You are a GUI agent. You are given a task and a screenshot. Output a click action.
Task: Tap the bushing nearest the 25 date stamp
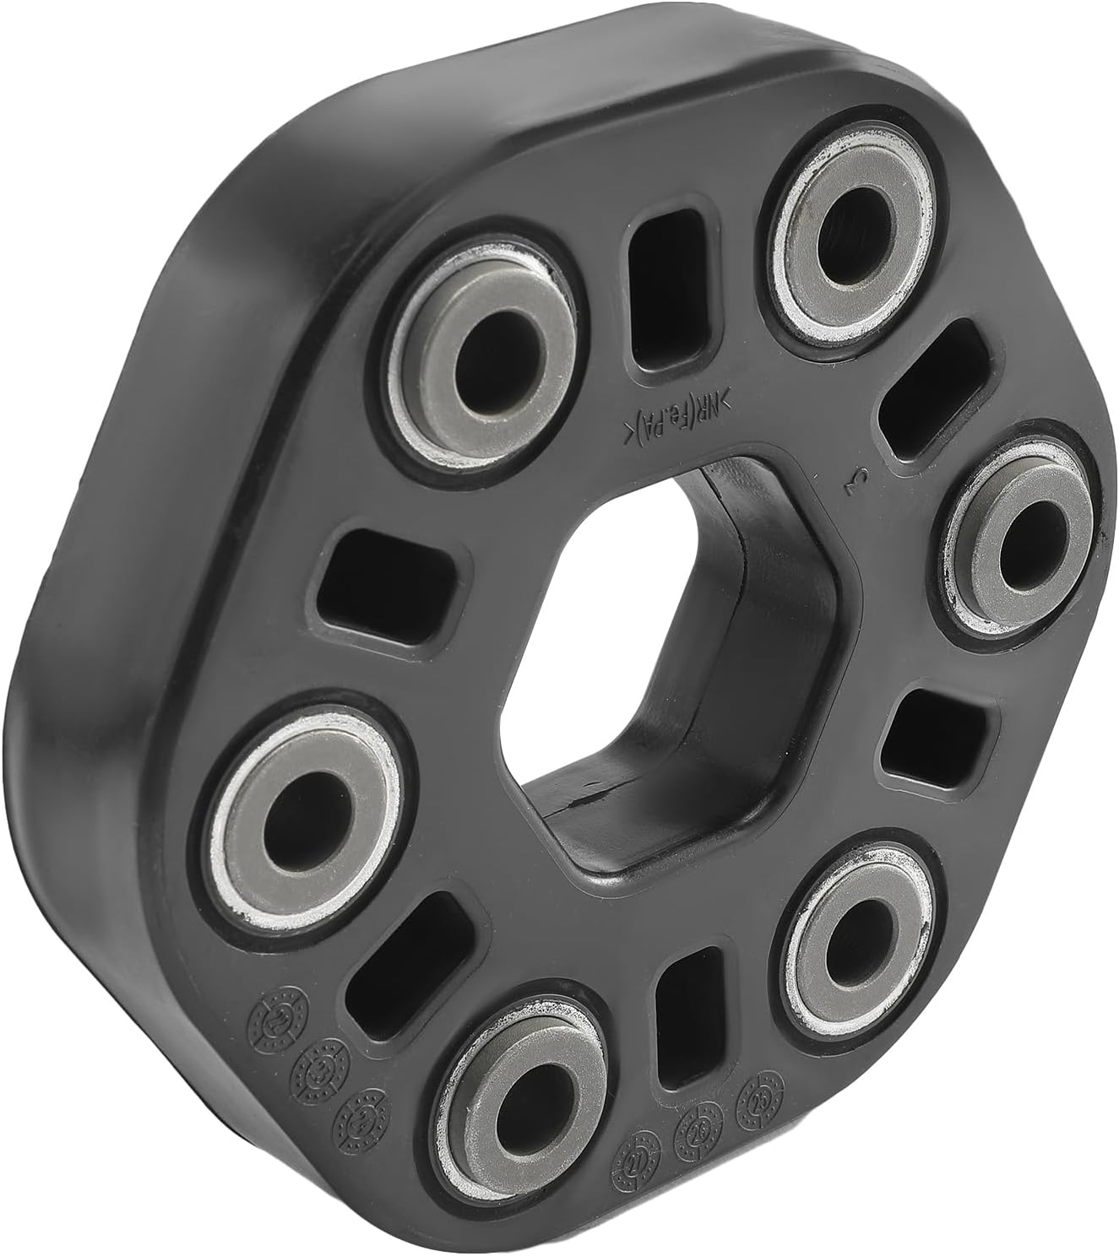pos(853,942)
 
